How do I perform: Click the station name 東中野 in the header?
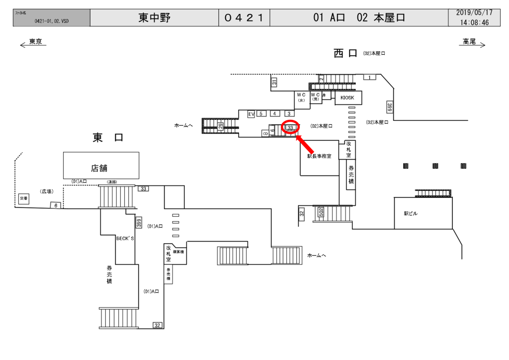click(155, 18)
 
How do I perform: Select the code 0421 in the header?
click(244, 18)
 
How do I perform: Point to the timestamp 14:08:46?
click(474, 22)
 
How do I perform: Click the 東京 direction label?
click(35, 42)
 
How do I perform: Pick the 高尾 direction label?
click(469, 42)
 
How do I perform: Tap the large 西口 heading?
click(345, 54)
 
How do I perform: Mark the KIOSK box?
click(348, 98)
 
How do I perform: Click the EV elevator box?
click(251, 114)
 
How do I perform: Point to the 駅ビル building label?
click(411, 214)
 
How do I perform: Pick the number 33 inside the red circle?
click(290, 128)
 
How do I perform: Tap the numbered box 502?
click(321, 213)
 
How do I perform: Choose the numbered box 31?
click(274, 83)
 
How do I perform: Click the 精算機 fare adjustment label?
click(178, 252)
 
